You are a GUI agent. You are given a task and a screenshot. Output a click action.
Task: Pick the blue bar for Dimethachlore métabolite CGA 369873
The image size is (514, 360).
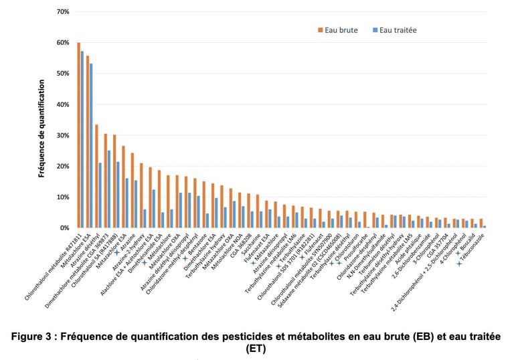(109, 189)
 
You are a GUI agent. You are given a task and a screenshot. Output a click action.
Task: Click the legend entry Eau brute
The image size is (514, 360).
(337, 30)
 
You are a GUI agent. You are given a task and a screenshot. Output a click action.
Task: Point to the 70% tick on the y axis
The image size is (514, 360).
(63, 12)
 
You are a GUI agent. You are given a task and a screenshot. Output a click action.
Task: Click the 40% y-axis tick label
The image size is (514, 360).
(63, 104)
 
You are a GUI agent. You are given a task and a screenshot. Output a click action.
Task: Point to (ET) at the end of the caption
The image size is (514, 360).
(257, 349)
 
